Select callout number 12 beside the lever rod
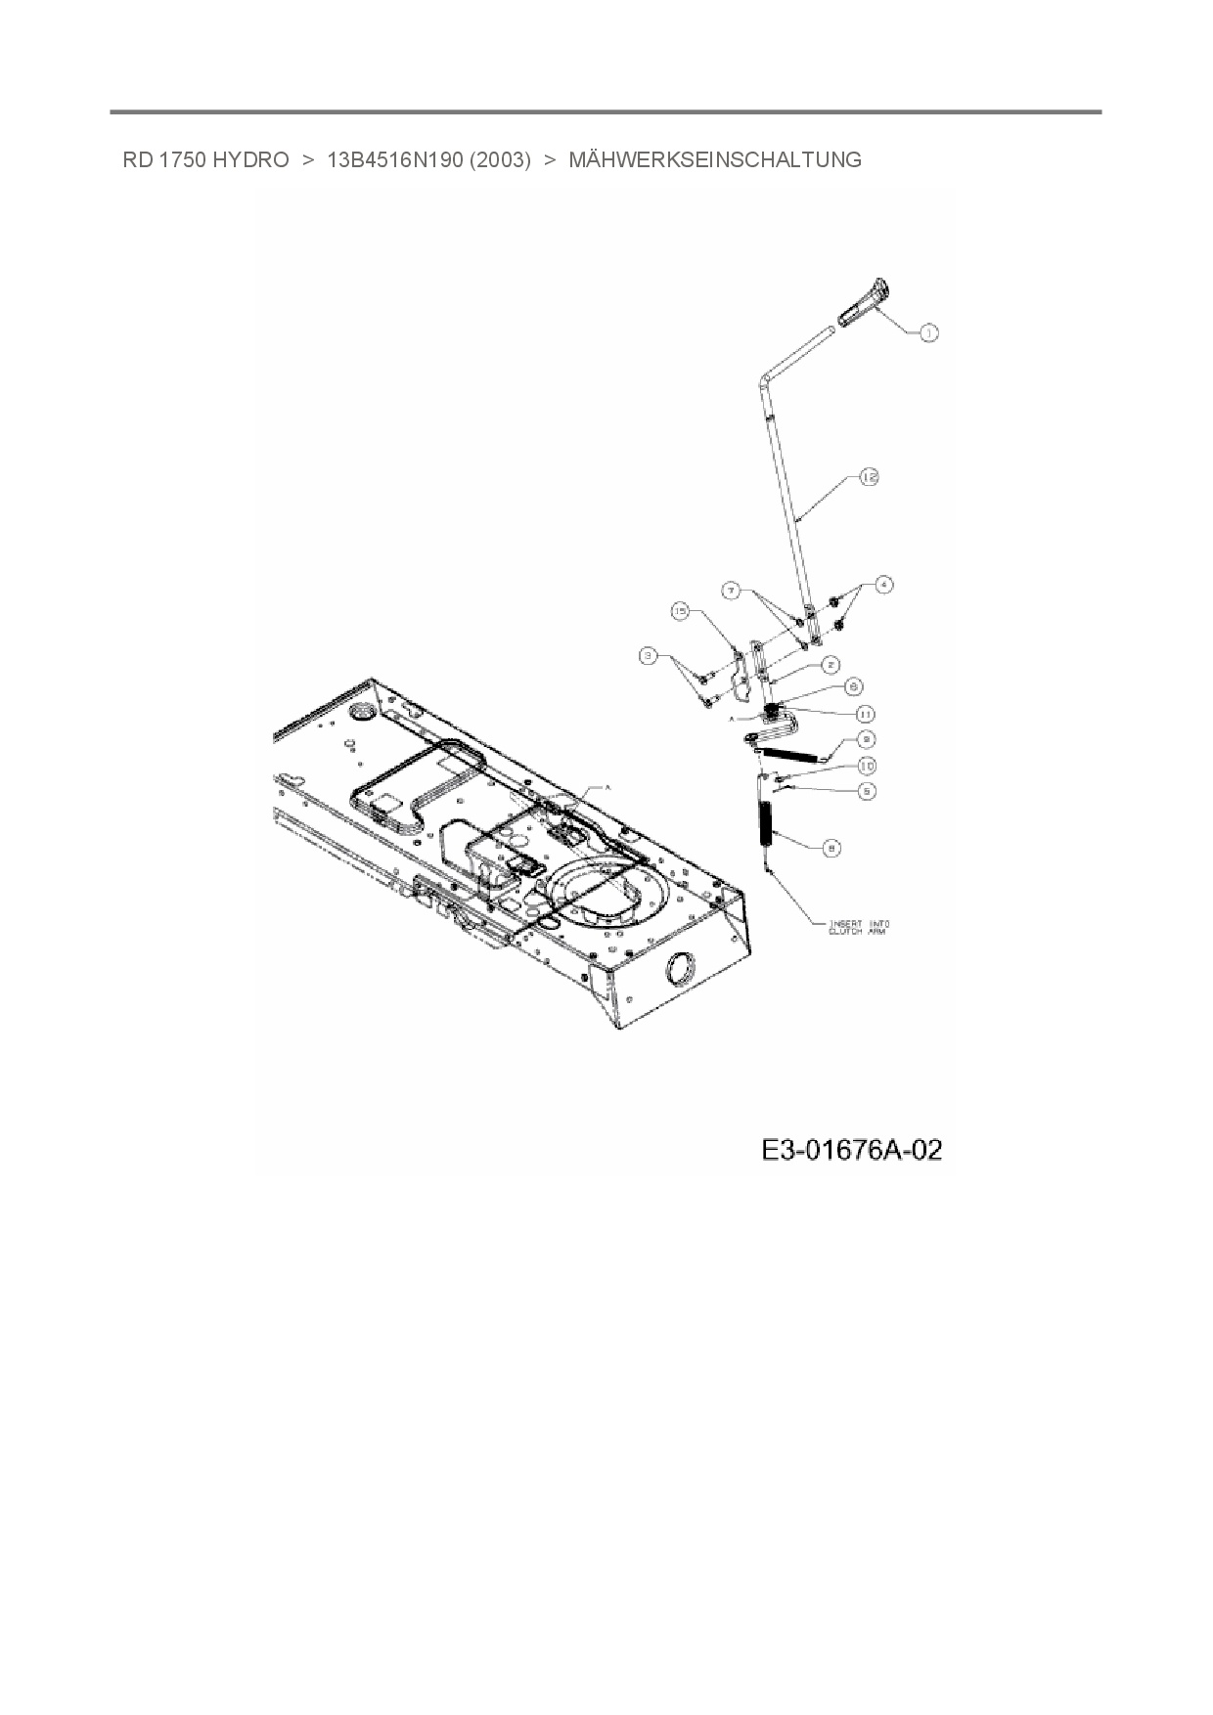869,476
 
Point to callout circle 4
883,585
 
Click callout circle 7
730,590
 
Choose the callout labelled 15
681,611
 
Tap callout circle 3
648,656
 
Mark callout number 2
829,665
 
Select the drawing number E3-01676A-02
851,1150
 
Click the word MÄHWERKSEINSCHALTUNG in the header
715,159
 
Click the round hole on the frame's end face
676,970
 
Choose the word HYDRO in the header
250,159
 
